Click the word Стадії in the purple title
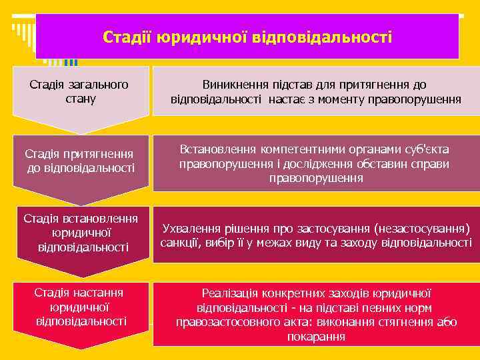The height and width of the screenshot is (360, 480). tap(127, 36)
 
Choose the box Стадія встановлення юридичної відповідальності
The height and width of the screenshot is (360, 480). tap(81, 233)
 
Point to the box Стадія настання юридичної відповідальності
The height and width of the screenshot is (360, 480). tap(81, 307)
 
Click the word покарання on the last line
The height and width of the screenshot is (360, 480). tap(316, 337)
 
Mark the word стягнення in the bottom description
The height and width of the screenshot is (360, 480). tap(400, 323)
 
